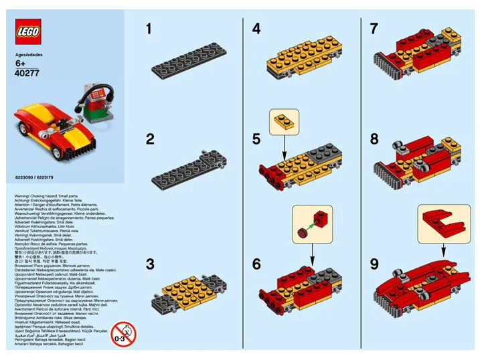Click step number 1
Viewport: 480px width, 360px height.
150,29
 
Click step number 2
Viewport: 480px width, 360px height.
150,139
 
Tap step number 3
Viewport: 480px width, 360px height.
150,264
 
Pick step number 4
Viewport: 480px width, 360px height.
256,29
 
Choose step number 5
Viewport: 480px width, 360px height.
256,139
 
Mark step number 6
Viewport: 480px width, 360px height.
256,264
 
